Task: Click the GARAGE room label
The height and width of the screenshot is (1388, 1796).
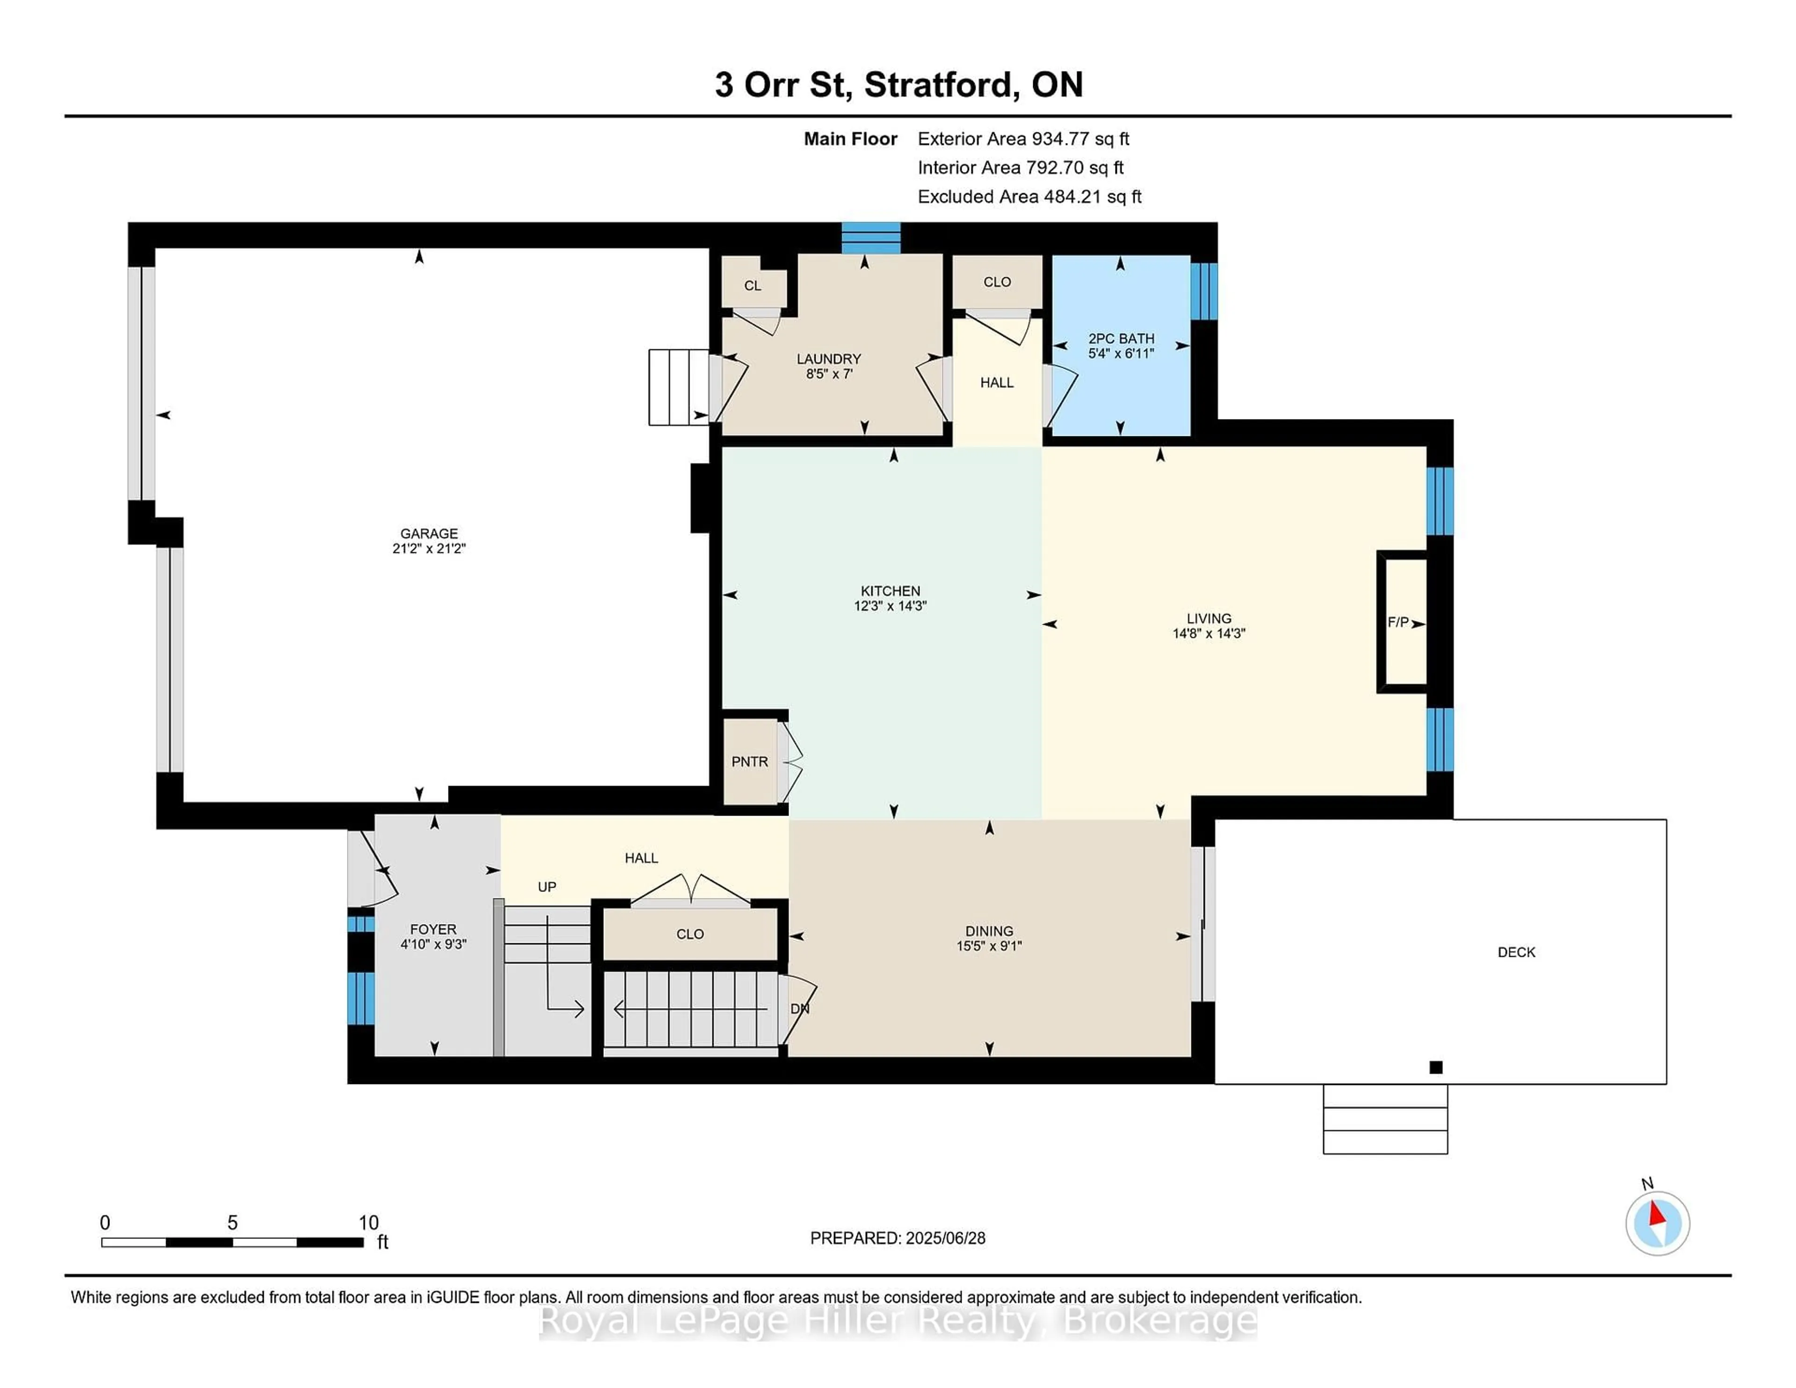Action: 428,534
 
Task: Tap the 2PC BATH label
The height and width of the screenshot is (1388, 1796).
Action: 1121,339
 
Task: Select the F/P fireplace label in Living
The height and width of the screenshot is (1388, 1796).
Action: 1397,622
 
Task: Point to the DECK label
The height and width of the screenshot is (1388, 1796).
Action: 1515,952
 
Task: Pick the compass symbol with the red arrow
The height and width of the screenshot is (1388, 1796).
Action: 1657,1223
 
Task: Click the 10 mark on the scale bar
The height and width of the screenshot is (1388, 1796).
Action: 369,1223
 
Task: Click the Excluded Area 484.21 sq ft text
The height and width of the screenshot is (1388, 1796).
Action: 1029,196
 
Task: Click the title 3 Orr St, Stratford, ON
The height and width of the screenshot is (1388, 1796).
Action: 898,85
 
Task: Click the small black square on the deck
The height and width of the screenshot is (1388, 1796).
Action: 1436,1067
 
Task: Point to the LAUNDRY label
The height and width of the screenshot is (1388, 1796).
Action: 828,359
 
